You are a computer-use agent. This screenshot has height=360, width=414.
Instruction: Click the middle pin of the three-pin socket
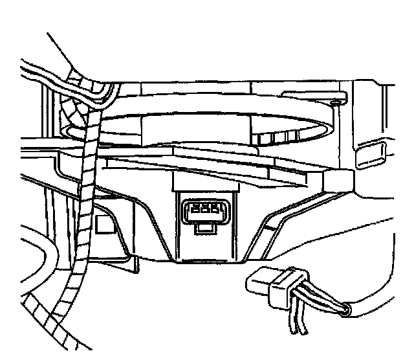202,209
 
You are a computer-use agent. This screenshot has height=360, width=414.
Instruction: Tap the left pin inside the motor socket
193,209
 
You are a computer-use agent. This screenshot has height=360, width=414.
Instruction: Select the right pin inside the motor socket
212,209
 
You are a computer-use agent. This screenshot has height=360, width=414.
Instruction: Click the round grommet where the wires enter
346,310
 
